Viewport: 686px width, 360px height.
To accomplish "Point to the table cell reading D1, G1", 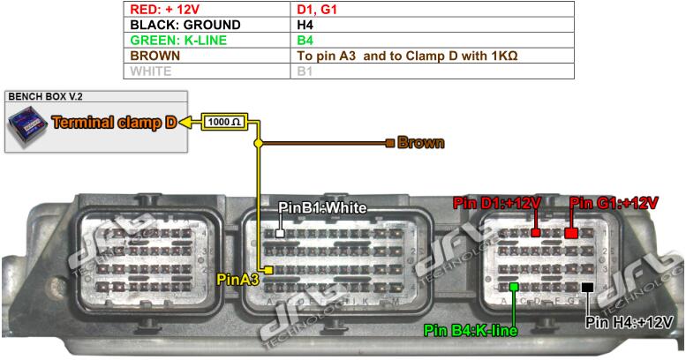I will tap(433, 9).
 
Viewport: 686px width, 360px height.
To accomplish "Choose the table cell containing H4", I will tap(433, 25).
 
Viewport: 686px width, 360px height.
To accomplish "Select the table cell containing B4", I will tap(433, 40).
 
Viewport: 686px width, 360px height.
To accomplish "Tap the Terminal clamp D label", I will tap(115, 123).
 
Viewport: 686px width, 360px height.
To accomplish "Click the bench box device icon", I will tap(29, 124).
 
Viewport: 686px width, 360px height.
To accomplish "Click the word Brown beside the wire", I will tap(420, 142).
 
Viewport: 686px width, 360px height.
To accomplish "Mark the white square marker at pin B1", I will tap(280, 234).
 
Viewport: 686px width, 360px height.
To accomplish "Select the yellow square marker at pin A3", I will tap(268, 270).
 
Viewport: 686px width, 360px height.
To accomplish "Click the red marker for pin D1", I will tap(536, 232).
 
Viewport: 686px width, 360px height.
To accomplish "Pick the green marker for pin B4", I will tap(514, 286).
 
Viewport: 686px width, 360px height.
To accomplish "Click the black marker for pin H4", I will tap(588, 286).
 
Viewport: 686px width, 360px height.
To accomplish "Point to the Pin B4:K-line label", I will tap(470, 331).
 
